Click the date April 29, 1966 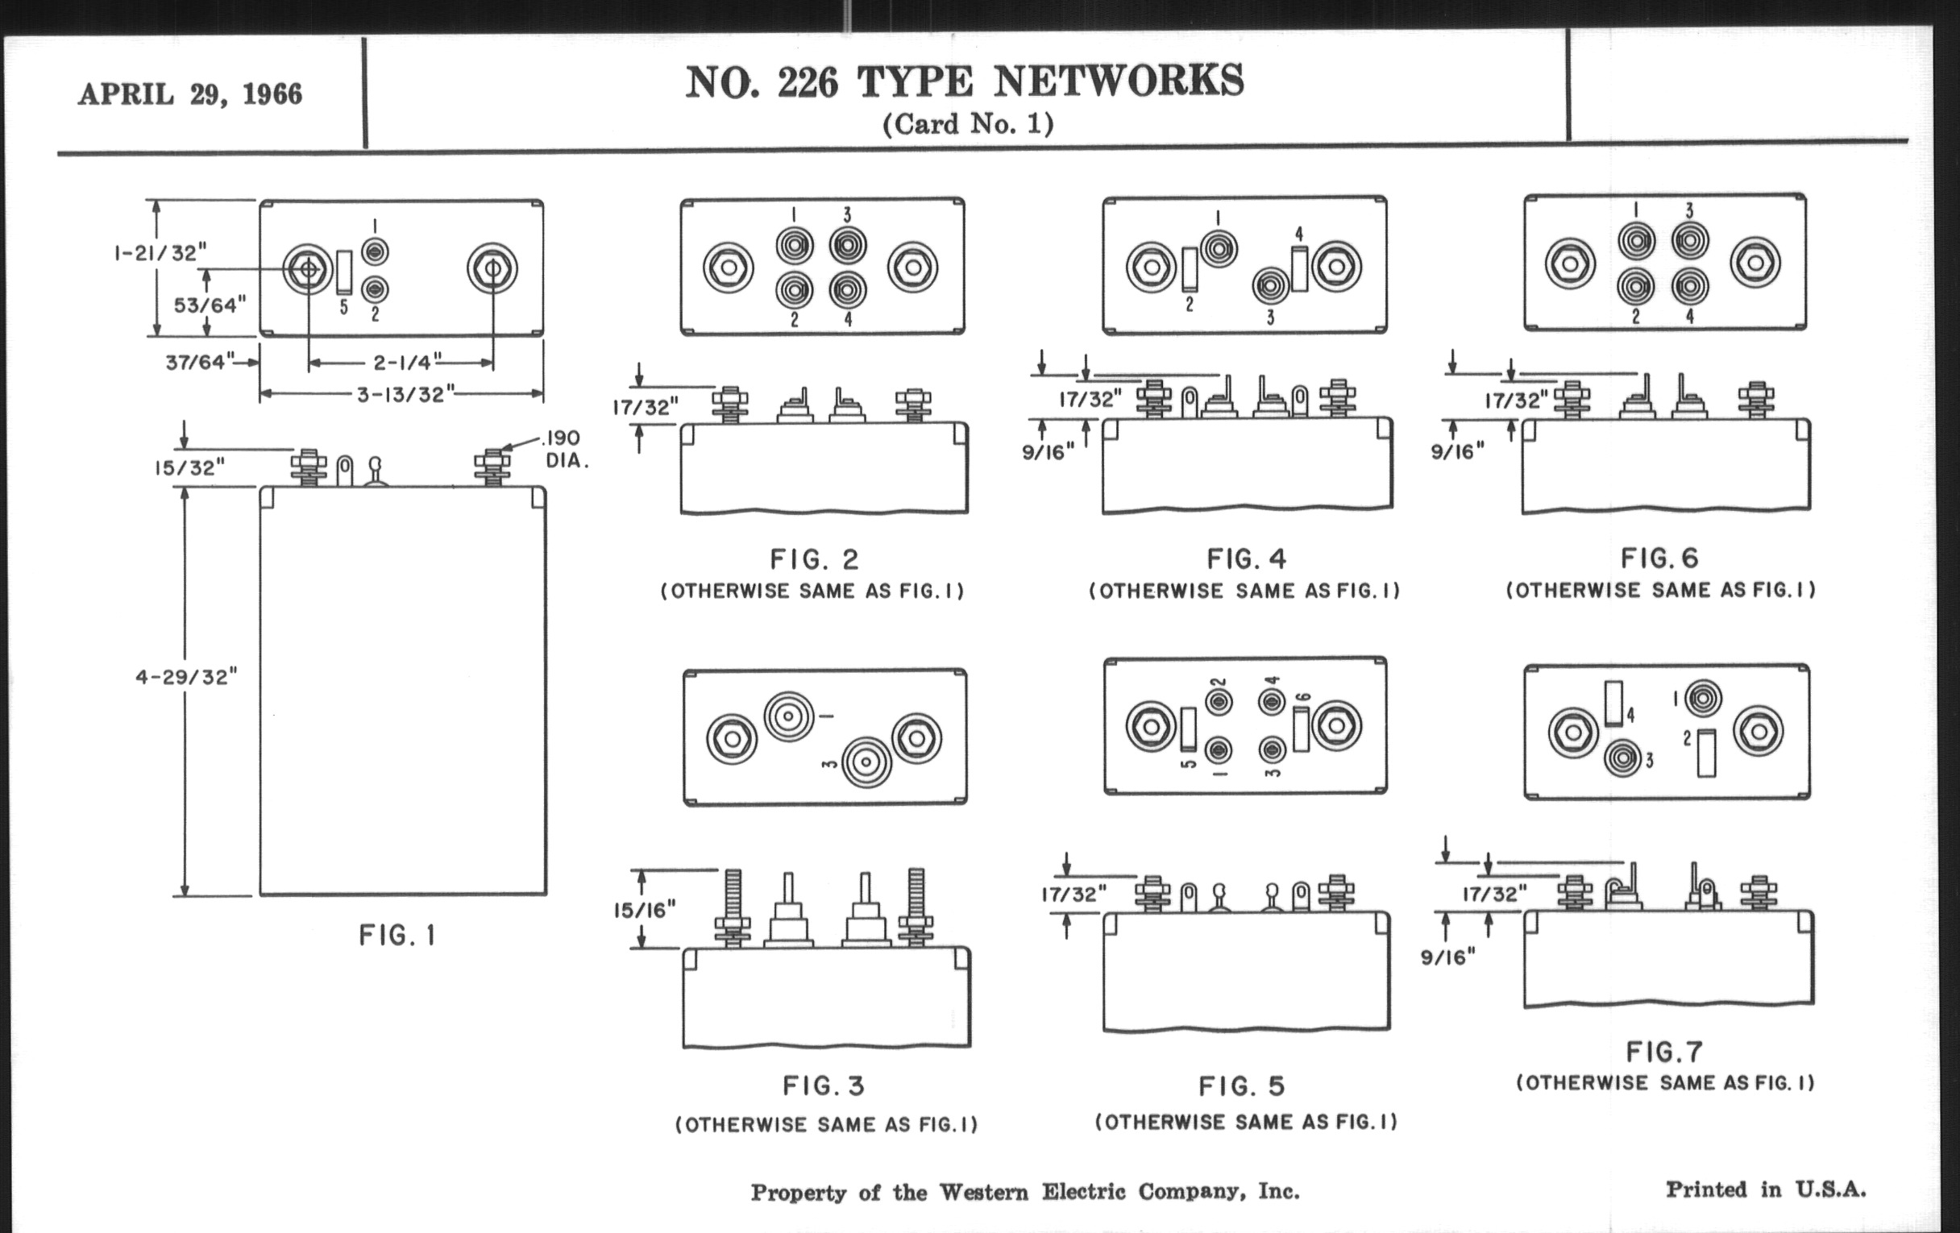(x=189, y=94)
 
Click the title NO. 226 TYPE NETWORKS (x=965, y=82)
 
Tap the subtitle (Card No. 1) (x=968, y=124)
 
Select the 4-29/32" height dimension (x=186, y=677)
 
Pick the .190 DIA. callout (x=564, y=449)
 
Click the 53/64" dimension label (x=210, y=305)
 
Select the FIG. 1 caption (x=398, y=936)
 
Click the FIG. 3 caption (x=824, y=1086)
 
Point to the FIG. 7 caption (x=1664, y=1052)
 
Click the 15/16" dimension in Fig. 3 (x=645, y=910)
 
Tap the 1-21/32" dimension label (x=156, y=253)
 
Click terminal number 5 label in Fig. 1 (x=343, y=308)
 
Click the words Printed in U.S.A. (x=1766, y=1189)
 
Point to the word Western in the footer (x=984, y=1193)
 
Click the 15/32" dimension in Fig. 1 (x=189, y=468)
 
